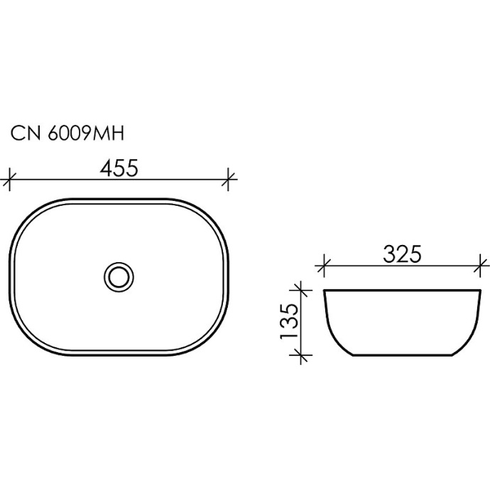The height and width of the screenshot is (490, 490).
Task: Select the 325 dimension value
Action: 403,254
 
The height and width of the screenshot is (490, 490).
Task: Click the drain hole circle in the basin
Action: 117,276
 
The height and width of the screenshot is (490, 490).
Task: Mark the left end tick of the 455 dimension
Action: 9,179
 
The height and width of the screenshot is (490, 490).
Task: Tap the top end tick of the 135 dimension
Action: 303,290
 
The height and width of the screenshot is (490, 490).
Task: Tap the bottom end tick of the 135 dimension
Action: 303,353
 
